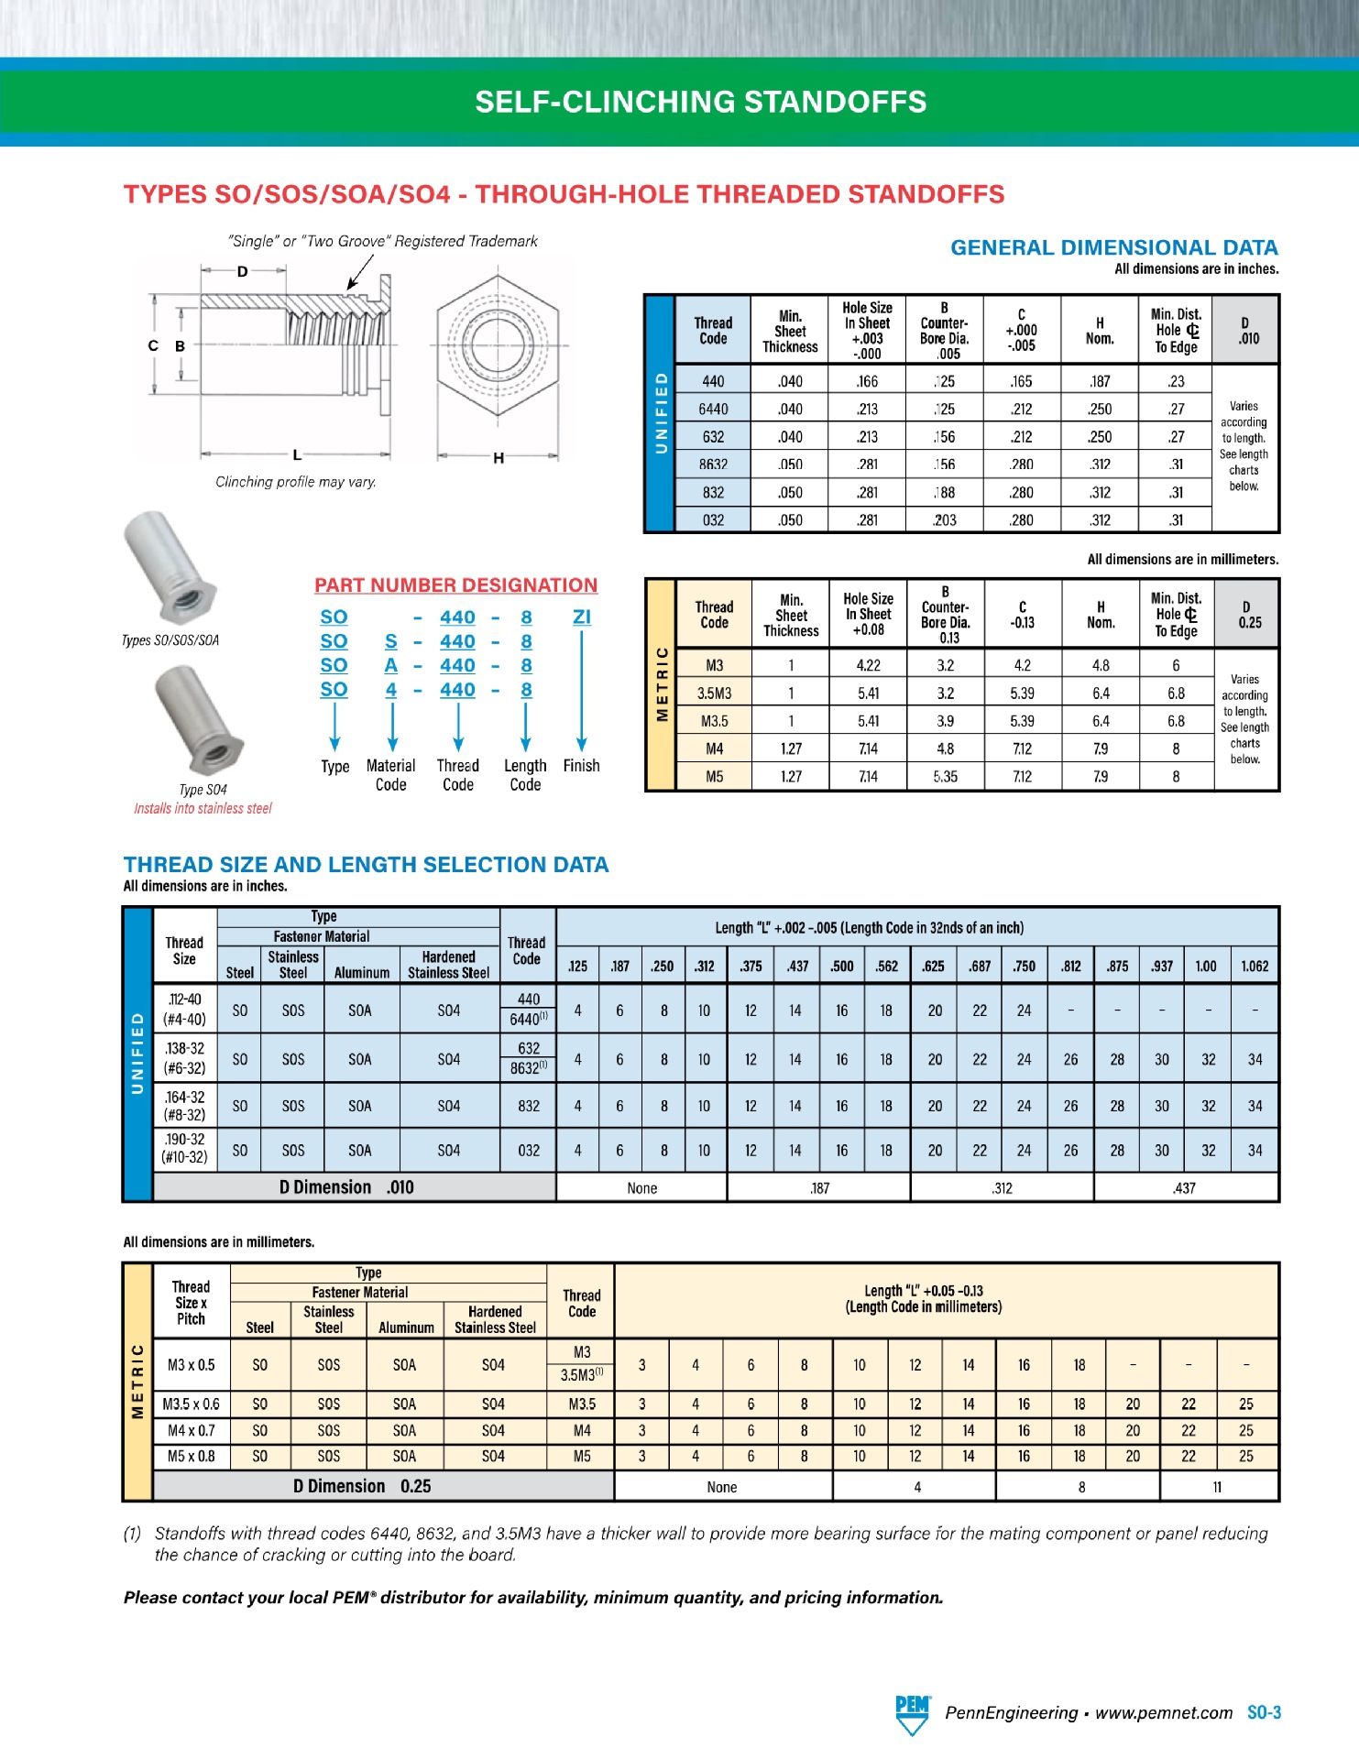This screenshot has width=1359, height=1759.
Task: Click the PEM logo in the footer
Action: click(912, 1713)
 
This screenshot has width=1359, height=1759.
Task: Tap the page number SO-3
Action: click(1264, 1712)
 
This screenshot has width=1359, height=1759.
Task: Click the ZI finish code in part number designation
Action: click(581, 617)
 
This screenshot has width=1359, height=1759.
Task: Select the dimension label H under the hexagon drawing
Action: click(499, 458)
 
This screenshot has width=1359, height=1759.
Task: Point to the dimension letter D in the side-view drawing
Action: click(242, 271)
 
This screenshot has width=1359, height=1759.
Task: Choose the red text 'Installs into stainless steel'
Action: click(203, 808)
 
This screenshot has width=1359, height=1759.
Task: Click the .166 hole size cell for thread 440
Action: click(867, 381)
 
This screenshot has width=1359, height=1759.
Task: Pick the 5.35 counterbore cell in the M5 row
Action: click(945, 776)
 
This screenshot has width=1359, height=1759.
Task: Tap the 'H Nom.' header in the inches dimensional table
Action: click(1100, 331)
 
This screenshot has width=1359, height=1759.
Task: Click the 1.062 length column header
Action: click(1254, 966)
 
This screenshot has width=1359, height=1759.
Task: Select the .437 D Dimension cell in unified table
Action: click(1184, 1188)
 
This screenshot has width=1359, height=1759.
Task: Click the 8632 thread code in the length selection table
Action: click(529, 1068)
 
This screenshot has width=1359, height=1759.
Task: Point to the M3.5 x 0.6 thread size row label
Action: click(191, 1404)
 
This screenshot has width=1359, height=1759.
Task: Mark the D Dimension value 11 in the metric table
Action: click(1217, 1487)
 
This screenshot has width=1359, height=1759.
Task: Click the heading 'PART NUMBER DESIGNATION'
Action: click(455, 585)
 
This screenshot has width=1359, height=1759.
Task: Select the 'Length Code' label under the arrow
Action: click(525, 775)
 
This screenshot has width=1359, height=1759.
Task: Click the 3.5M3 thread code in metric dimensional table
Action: click(714, 694)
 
